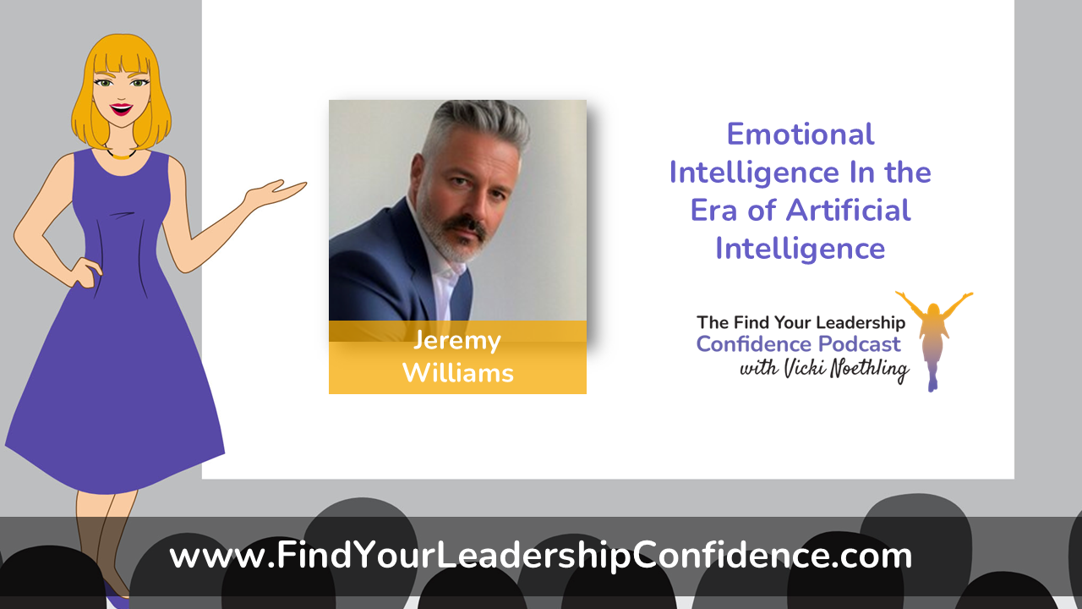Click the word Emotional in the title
pos(801,134)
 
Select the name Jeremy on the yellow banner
pos(457,342)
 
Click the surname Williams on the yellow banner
pos(458,373)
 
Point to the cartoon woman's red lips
pos(121,109)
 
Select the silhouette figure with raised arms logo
pos(933,340)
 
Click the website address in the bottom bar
pos(540,556)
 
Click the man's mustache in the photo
pos(465,226)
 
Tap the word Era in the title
pos(714,211)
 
